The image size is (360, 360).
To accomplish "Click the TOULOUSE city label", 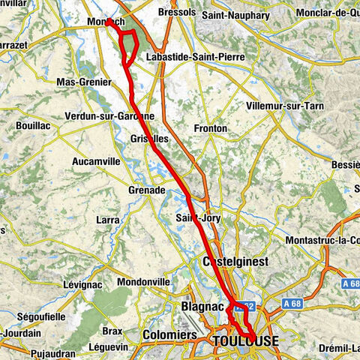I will pos(245,342).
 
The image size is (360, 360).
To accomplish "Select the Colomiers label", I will pos(169,334).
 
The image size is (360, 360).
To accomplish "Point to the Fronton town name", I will pos(211,129).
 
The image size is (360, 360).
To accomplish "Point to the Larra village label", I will pos(108,220).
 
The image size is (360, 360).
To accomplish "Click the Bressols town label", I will pos(178,13).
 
